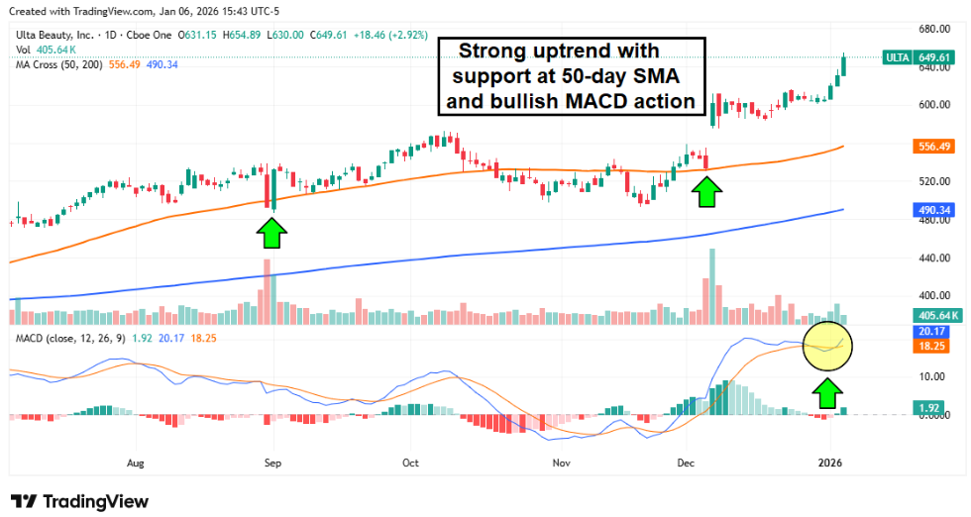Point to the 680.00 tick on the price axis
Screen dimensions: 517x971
coord(934,29)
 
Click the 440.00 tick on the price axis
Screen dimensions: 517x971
coord(934,258)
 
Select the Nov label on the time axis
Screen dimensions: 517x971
coord(562,463)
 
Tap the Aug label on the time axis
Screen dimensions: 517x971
coord(136,463)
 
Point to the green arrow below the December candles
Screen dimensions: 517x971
coord(705,191)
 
